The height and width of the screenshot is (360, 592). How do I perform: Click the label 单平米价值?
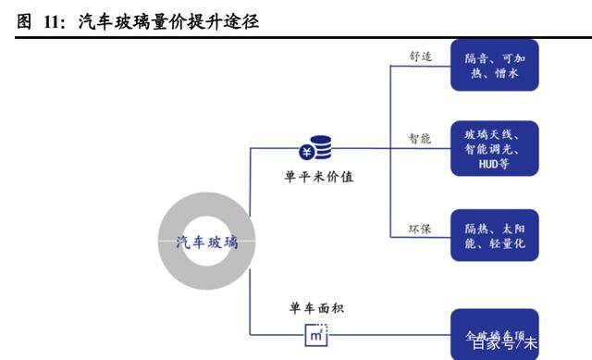tap(319, 175)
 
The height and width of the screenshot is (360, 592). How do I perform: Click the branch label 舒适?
tap(421, 55)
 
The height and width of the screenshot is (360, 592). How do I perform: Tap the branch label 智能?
tap(421, 139)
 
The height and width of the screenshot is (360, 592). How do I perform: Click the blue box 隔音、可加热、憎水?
tap(494, 65)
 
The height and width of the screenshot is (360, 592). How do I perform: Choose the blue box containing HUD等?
tap(494, 148)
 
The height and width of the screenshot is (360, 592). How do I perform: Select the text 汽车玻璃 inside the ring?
tap(207, 242)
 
